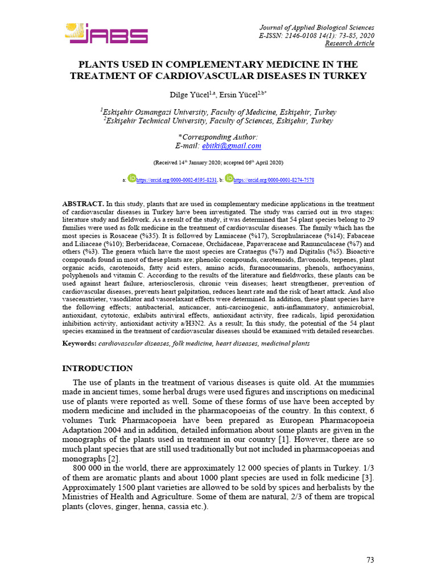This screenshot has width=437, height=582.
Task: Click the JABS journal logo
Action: click(106, 34)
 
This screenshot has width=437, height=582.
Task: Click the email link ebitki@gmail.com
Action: click(236, 146)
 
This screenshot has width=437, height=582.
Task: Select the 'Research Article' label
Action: click(349, 43)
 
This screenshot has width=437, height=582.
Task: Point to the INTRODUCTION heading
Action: click(97, 368)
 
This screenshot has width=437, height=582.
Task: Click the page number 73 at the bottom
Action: click(370, 560)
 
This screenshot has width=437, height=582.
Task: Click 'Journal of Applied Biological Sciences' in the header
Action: click(317, 27)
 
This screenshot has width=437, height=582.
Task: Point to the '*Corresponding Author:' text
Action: click(218, 137)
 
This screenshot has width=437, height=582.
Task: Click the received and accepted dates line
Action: click(218, 163)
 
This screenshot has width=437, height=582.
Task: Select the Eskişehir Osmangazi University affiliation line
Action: click(218, 112)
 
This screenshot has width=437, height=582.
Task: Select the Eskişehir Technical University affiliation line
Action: click(218, 121)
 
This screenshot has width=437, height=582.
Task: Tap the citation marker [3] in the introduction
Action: click(368, 477)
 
